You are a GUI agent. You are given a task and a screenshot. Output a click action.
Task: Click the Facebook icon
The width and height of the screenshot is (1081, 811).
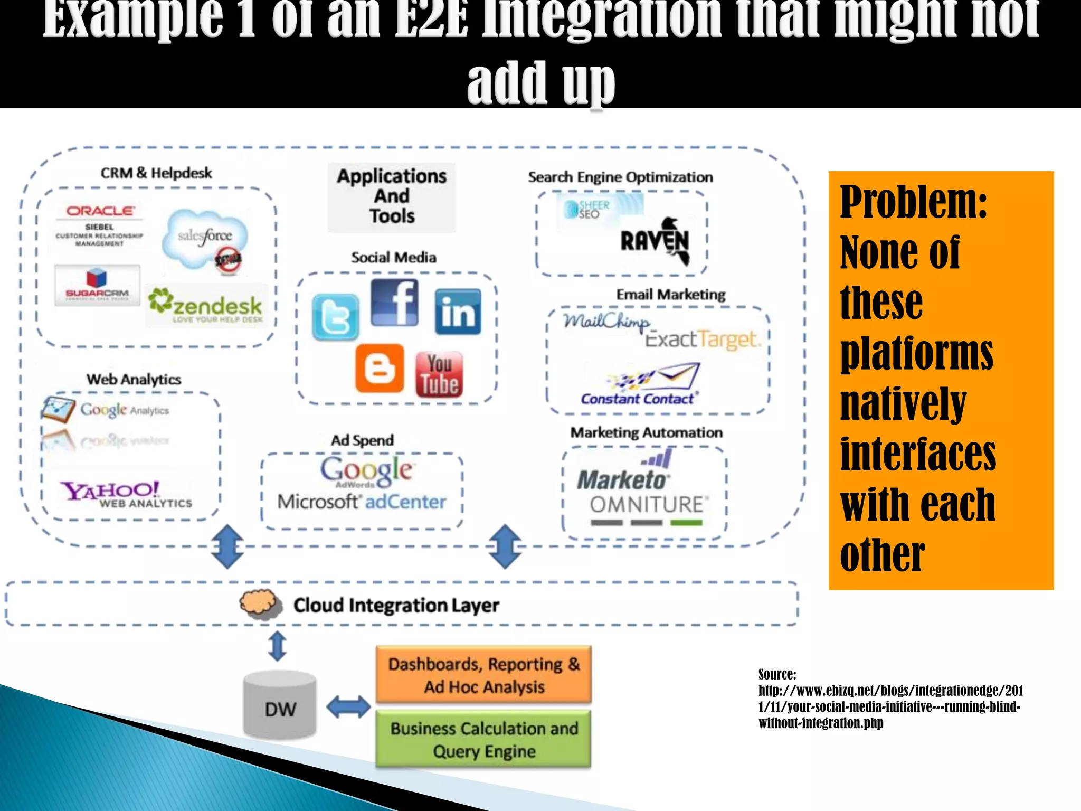[394, 303]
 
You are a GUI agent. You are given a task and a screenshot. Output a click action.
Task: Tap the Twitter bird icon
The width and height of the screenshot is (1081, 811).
[335, 317]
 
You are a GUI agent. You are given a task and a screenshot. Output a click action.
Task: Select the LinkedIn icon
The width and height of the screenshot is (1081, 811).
[458, 312]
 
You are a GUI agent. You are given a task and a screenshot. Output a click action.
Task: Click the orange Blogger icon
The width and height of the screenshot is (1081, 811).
[380, 368]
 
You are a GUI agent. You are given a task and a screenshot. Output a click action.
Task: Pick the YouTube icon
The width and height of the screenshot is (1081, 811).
[439, 374]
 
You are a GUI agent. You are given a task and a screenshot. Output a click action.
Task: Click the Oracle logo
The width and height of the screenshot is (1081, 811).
[100, 211]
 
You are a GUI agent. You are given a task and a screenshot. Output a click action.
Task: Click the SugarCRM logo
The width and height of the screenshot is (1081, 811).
[97, 285]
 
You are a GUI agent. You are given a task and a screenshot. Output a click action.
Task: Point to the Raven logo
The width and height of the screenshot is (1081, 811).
[655, 241]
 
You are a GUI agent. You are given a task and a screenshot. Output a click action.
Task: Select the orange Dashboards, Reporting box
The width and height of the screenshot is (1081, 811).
[483, 675]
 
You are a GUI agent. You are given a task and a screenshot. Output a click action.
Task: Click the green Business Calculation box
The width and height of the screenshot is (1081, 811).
[483, 739]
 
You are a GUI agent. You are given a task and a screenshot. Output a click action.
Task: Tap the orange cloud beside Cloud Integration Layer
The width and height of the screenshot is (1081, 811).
[258, 603]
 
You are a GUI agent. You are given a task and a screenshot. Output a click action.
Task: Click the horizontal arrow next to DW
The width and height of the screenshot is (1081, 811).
[348, 707]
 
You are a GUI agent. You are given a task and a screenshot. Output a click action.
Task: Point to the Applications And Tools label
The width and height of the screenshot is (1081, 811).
[392, 196]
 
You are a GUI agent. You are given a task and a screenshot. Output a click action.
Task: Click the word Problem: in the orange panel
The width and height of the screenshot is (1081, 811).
[914, 202]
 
